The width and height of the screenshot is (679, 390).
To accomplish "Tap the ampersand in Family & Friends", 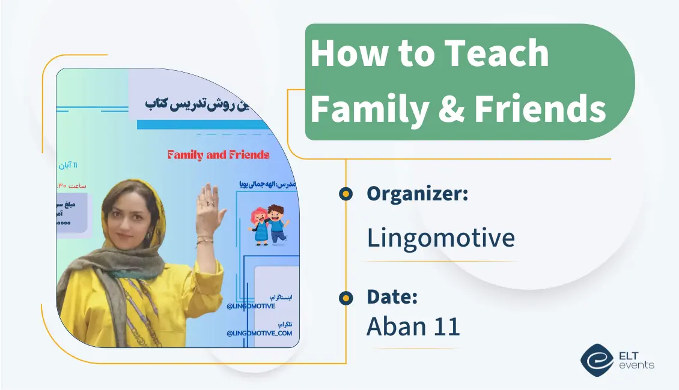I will tap(451, 109).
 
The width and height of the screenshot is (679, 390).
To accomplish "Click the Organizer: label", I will tap(417, 193).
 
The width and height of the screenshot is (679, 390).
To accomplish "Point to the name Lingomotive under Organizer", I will tap(440, 238).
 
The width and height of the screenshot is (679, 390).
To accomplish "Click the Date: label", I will tap(392, 296).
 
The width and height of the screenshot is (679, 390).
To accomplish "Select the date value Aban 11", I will tap(413, 326).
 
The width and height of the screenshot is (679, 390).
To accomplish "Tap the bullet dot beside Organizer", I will tap(346, 193).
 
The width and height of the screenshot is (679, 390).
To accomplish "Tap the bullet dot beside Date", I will tap(346, 297).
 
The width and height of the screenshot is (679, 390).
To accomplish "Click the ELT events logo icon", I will tap(597, 358).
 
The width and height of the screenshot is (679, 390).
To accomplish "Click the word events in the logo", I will tap(636, 365).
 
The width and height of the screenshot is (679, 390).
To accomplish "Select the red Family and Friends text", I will tap(218, 155).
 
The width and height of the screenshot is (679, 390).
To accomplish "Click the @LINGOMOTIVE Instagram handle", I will tap(251, 306).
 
